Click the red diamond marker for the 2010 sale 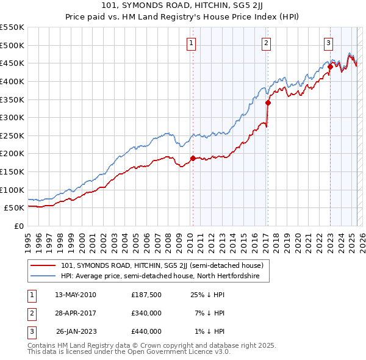coord(193,158)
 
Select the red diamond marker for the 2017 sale coord(268,103)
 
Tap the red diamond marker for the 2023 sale coord(330,67)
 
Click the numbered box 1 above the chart coord(192,43)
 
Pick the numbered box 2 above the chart coord(267,43)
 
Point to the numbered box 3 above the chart coord(328,43)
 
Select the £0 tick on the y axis coord(20,226)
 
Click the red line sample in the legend coord(43,266)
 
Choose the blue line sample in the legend coord(43,276)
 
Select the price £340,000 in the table coord(146,313)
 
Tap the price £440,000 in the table coord(146,331)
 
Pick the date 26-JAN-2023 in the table coord(76,331)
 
